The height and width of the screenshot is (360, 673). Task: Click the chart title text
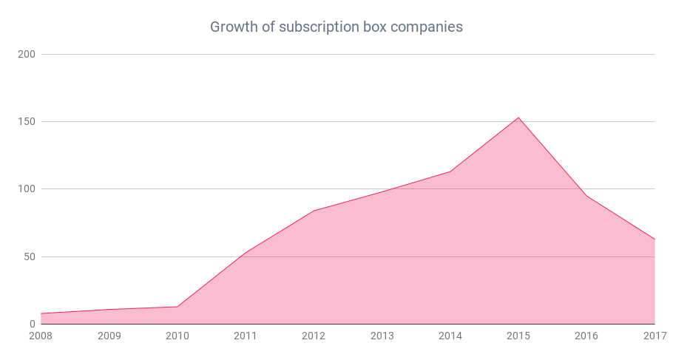(x=336, y=27)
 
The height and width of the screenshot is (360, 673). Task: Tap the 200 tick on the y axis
(x=27, y=55)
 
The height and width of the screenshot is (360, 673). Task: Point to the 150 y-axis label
(x=27, y=122)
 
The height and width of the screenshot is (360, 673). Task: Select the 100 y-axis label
(x=27, y=189)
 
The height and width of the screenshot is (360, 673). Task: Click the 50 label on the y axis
(x=30, y=257)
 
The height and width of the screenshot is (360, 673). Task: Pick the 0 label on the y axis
(x=33, y=325)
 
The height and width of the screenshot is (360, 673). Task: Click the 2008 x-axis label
(x=41, y=336)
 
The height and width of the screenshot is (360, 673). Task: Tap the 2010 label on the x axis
(x=177, y=336)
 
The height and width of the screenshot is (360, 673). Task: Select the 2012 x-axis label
(x=314, y=336)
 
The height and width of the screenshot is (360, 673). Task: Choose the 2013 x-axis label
(x=382, y=336)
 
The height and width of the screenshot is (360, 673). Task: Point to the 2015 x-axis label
(x=518, y=336)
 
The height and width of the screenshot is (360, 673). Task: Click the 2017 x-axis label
(x=655, y=336)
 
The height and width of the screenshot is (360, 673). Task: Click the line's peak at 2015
(x=518, y=118)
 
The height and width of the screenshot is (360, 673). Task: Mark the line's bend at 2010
(x=177, y=307)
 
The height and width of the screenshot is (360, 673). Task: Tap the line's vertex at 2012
(x=314, y=211)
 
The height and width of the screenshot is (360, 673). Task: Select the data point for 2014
(x=450, y=171)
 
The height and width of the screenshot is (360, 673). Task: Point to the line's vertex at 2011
(x=246, y=253)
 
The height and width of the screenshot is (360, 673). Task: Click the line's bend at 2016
(x=586, y=196)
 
